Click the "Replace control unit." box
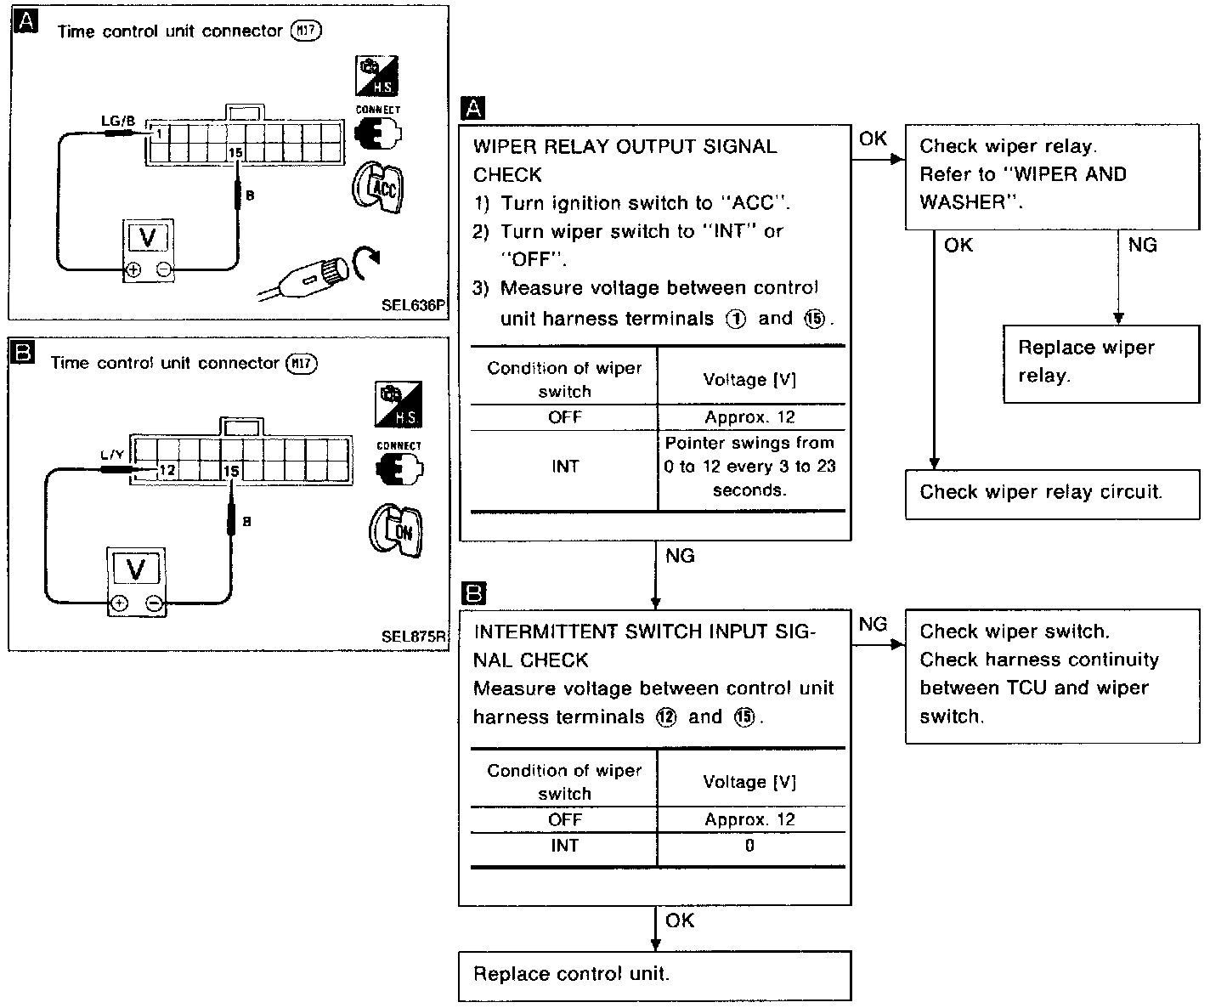[x=654, y=975]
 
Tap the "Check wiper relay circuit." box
[x=1052, y=492]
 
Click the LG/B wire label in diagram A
[x=118, y=121]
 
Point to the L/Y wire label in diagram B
[x=112, y=455]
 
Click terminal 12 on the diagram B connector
[x=167, y=470]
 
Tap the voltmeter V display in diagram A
[x=148, y=237]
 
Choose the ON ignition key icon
[x=396, y=531]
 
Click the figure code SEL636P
[x=413, y=304]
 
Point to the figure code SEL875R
[x=413, y=636]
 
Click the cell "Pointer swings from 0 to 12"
[x=749, y=467]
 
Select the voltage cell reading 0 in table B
[x=749, y=846]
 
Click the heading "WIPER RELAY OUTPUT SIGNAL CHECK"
[x=625, y=160]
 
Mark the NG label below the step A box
[x=680, y=556]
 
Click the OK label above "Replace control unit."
[x=680, y=920]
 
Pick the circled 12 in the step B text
[x=667, y=717]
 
